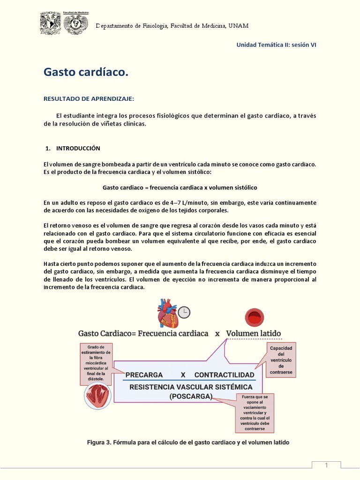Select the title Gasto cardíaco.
pos(86,72)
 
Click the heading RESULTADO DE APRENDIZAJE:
pos(89,99)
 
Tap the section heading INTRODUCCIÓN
pos(78,148)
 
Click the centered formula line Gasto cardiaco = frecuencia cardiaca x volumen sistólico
pos(180,187)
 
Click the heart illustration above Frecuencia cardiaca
pos(167,313)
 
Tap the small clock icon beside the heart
pos(184,313)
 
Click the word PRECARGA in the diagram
pos(144,375)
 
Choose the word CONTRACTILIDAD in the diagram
pos(225,375)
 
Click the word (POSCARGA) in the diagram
pos(191,396)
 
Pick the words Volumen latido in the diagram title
pos(254,334)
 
